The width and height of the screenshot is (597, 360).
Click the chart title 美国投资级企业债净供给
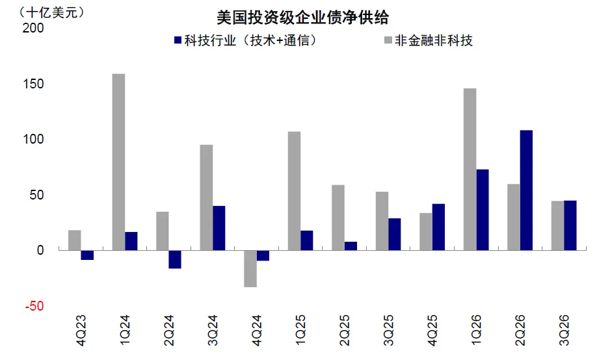(302, 18)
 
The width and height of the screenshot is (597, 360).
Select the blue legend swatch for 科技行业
(178, 40)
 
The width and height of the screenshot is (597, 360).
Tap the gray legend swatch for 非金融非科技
(388, 40)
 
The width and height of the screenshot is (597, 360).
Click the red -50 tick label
(34, 306)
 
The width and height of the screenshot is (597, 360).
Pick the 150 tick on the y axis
(33, 84)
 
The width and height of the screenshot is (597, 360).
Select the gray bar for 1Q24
(118, 162)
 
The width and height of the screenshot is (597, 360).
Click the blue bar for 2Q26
(526, 190)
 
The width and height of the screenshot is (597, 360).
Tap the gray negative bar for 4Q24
(250, 268)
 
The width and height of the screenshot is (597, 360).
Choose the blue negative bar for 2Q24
(175, 259)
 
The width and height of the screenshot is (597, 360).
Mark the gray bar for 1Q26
(470, 170)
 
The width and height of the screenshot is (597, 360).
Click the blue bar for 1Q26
(483, 210)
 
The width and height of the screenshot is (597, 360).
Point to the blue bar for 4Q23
(87, 255)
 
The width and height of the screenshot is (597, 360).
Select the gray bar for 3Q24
(206, 198)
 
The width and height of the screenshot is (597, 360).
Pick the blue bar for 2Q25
(351, 246)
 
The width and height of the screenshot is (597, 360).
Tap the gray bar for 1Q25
(295, 191)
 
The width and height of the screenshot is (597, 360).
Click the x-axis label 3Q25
(388, 330)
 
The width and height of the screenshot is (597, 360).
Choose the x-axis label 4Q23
(81, 330)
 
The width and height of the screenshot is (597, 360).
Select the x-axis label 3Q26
(564, 330)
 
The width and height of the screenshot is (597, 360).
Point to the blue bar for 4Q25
(438, 227)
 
